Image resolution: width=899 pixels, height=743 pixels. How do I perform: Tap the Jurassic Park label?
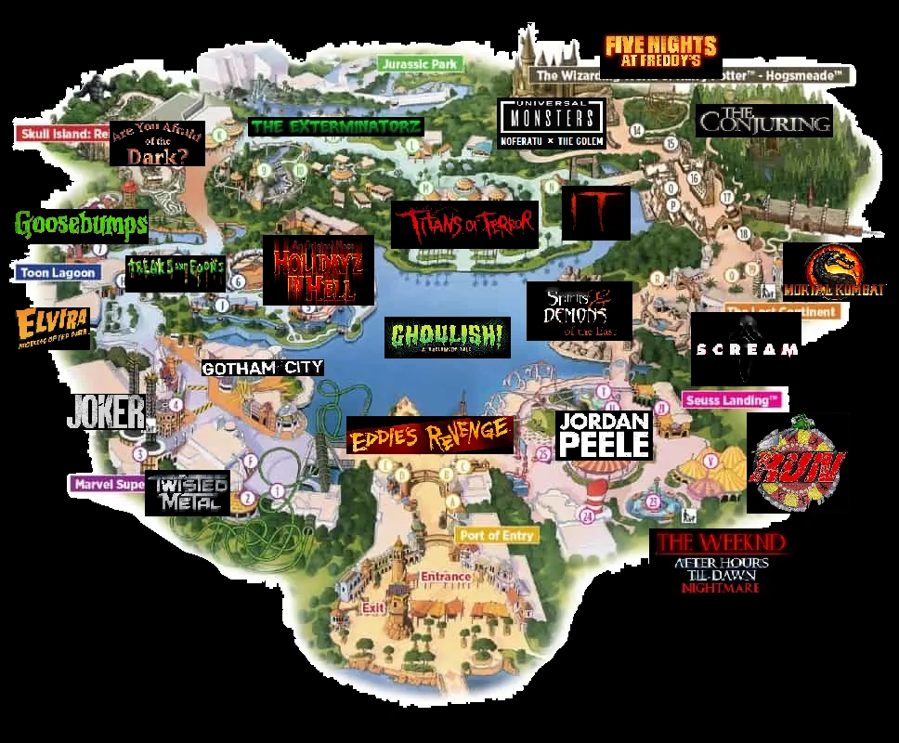coord(419,64)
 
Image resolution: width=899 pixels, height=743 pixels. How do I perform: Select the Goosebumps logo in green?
coord(81,224)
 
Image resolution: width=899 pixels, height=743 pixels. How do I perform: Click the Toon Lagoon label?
coord(58,273)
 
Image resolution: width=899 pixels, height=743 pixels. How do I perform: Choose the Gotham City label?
coord(263,368)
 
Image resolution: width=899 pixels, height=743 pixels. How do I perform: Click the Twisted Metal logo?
coord(188,493)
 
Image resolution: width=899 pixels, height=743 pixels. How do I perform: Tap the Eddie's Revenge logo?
coord(429,435)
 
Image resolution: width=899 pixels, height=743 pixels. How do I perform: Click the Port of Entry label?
coord(496,536)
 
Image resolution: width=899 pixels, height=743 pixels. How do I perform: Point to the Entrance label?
coord(446,577)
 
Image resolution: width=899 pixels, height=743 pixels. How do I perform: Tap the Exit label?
coord(373,607)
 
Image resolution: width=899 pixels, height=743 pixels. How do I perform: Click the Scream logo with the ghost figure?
coord(746,349)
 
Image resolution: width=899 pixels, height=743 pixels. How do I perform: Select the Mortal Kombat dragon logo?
coord(834,272)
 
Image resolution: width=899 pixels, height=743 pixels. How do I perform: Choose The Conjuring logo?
coord(763,120)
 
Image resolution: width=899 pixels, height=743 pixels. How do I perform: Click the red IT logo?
coord(595,213)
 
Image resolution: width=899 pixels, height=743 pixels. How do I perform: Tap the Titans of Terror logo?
coord(464,224)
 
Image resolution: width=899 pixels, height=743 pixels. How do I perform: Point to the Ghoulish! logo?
coord(448,337)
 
